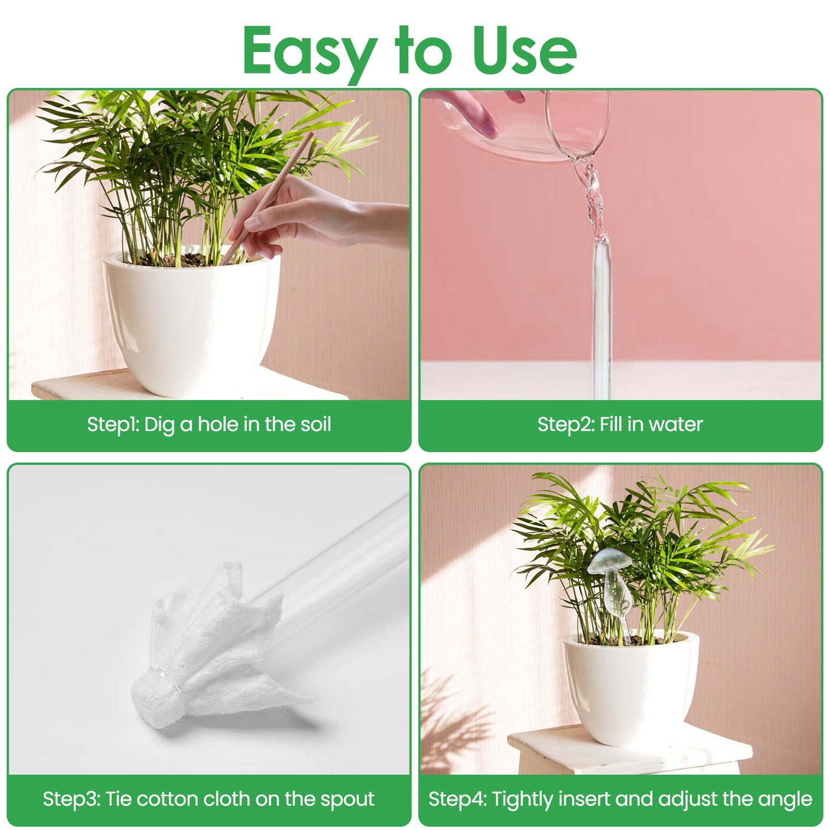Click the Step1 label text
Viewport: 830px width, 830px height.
click(x=112, y=424)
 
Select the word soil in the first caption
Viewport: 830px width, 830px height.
click(x=315, y=424)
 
